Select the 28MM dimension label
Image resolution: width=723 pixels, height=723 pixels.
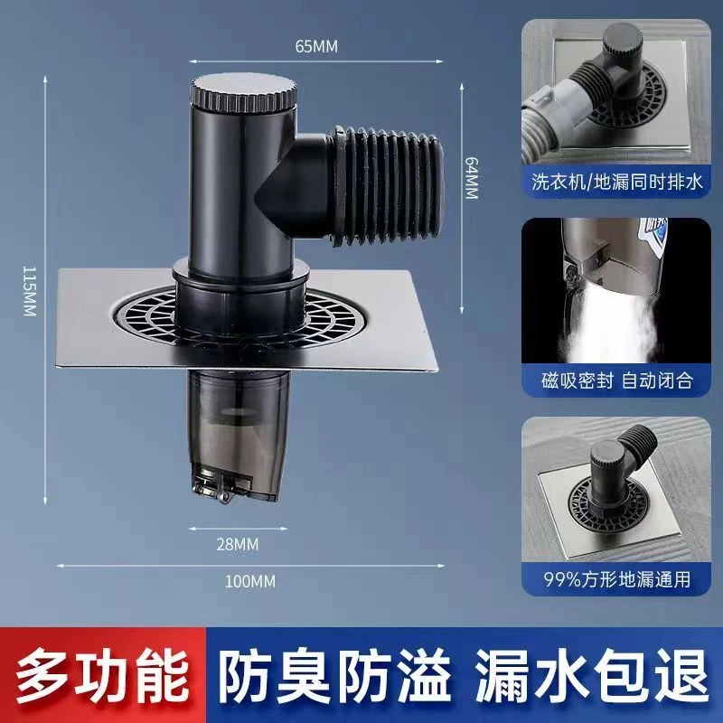pyautogui.click(x=237, y=542)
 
